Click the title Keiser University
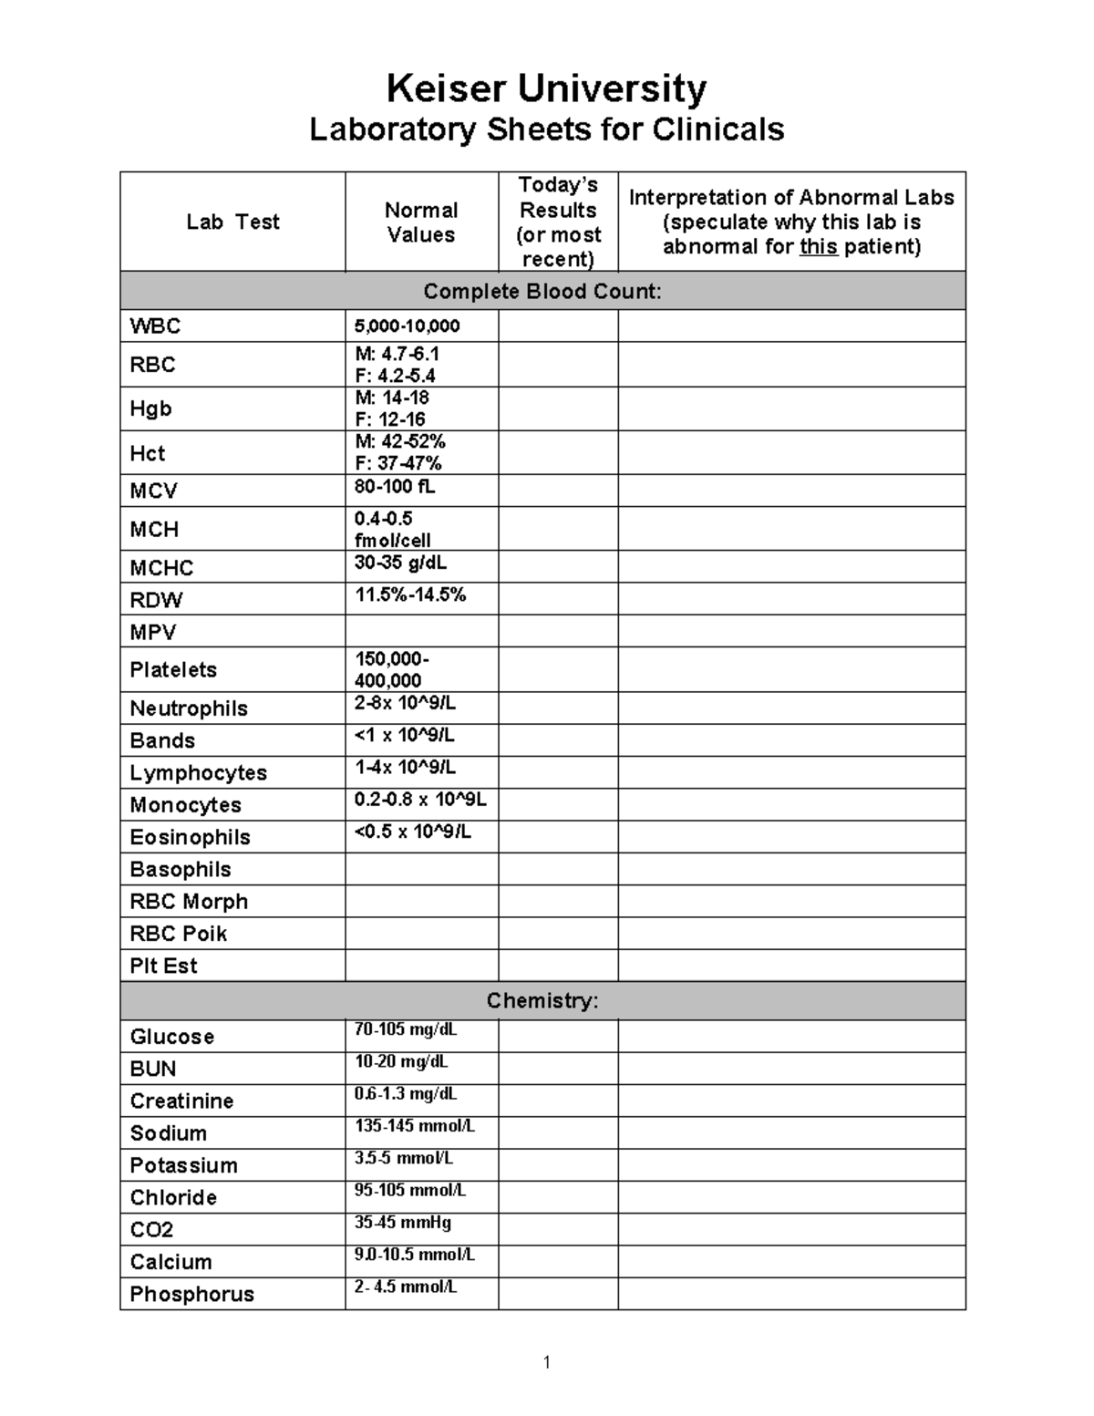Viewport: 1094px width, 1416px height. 546,89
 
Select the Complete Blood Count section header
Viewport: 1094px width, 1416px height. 542,292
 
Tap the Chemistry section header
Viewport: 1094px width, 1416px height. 542,1001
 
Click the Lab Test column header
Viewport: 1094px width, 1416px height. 232,222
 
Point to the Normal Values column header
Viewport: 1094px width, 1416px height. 420,222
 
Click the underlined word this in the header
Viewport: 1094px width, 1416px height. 818,247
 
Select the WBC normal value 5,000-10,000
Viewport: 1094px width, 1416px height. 407,326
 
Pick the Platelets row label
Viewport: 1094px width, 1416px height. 173,670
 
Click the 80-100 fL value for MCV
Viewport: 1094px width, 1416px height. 394,487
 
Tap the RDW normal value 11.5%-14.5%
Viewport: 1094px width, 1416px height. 409,595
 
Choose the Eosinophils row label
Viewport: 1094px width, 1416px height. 190,837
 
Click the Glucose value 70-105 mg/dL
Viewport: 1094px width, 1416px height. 406,1030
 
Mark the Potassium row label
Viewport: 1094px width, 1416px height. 183,1165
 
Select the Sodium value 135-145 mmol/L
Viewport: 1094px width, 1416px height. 415,1126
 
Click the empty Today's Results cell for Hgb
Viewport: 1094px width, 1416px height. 557,408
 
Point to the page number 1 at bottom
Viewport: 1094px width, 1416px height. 546,1362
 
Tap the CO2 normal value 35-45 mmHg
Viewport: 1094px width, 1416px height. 402,1223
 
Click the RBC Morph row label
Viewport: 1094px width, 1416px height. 189,902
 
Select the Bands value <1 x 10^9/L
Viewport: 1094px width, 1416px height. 404,735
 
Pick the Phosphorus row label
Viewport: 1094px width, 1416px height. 191,1294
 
